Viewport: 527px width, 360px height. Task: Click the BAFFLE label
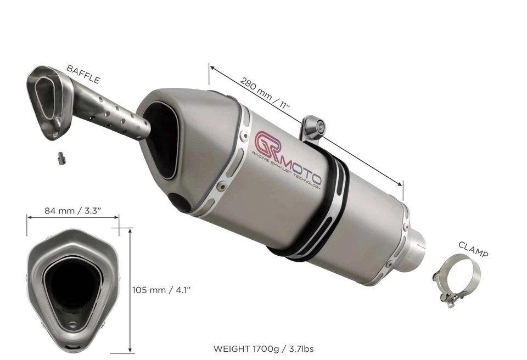(x=83, y=74)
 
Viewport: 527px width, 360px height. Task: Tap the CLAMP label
(x=473, y=249)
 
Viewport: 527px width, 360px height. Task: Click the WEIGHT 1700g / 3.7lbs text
(x=263, y=348)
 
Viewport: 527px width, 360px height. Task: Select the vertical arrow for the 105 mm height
(x=130, y=291)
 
